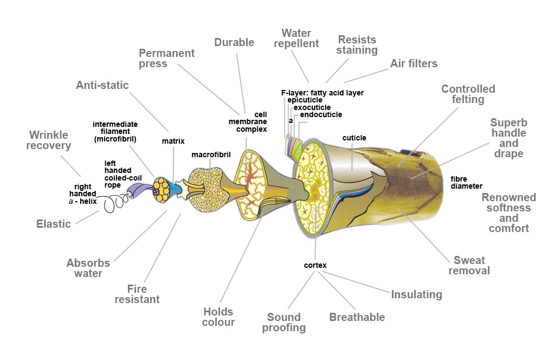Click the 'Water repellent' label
pyautogui.click(x=296, y=38)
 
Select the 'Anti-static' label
pyautogui.click(x=102, y=85)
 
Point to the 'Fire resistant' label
pyautogui.click(x=137, y=294)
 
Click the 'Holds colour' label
pyautogui.click(x=218, y=317)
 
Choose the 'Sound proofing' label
pyautogui.click(x=284, y=323)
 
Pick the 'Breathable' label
pyautogui.click(x=357, y=317)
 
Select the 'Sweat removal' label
pyautogui.click(x=469, y=266)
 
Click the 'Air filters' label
pyautogui.click(x=414, y=63)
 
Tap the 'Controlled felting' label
pyautogui.click(x=468, y=94)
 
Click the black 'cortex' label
pyautogui.click(x=315, y=265)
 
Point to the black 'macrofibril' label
pyautogui.click(x=211, y=155)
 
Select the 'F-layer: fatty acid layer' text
pyautogui.click(x=322, y=93)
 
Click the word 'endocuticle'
pyautogui.click(x=321, y=114)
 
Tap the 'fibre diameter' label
pyautogui.click(x=466, y=183)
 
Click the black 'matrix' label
pyautogui.click(x=173, y=141)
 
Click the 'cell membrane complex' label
pyautogui.click(x=248, y=122)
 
